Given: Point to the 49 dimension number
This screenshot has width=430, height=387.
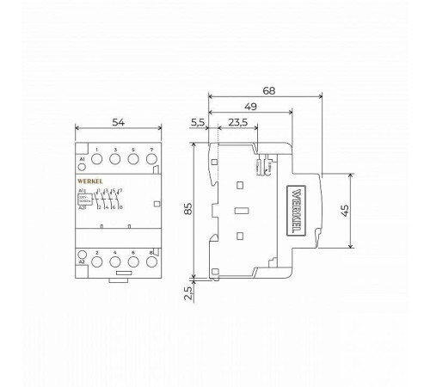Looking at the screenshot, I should tap(249, 107).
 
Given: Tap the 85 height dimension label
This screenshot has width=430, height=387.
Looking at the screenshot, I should tap(187, 208).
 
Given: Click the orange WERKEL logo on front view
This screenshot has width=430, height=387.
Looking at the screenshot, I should tap(90, 183).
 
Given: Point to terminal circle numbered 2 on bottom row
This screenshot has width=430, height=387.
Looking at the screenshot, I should tap(98, 261).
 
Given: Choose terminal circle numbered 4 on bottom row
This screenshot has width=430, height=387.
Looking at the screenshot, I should tap(115, 261).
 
